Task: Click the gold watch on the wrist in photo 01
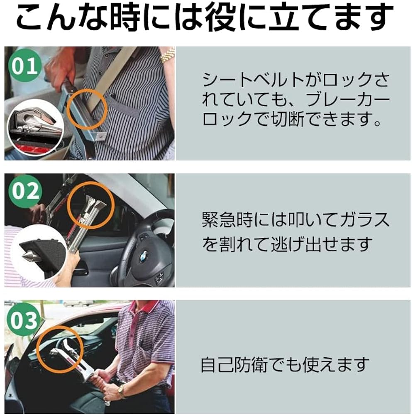167,55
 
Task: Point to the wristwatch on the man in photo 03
122,391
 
